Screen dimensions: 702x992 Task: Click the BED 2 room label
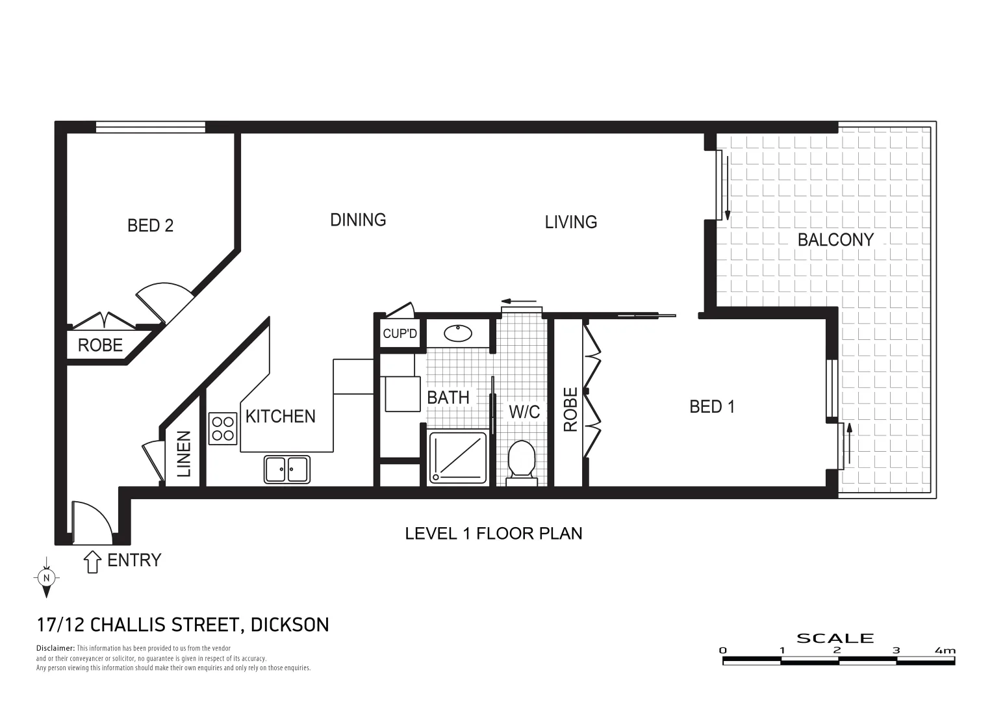150,226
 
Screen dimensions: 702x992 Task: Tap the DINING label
358,220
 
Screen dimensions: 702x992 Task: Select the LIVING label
570,222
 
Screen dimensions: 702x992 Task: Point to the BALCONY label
835,240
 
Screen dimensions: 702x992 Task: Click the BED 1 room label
712,407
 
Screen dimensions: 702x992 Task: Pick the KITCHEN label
281,416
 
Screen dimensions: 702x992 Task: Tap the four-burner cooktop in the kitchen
223,429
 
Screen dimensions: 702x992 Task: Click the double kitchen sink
286,469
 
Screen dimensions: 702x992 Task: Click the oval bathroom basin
458,333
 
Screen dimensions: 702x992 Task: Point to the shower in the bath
457,458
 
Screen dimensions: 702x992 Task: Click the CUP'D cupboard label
400,334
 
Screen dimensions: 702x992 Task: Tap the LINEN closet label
184,454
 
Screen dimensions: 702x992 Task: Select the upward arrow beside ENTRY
93,562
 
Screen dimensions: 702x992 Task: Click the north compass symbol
46,577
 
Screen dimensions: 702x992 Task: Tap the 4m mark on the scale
945,651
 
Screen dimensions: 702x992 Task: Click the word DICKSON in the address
290,625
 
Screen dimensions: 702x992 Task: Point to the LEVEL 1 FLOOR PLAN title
493,534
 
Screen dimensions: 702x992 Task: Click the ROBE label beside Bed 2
100,345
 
